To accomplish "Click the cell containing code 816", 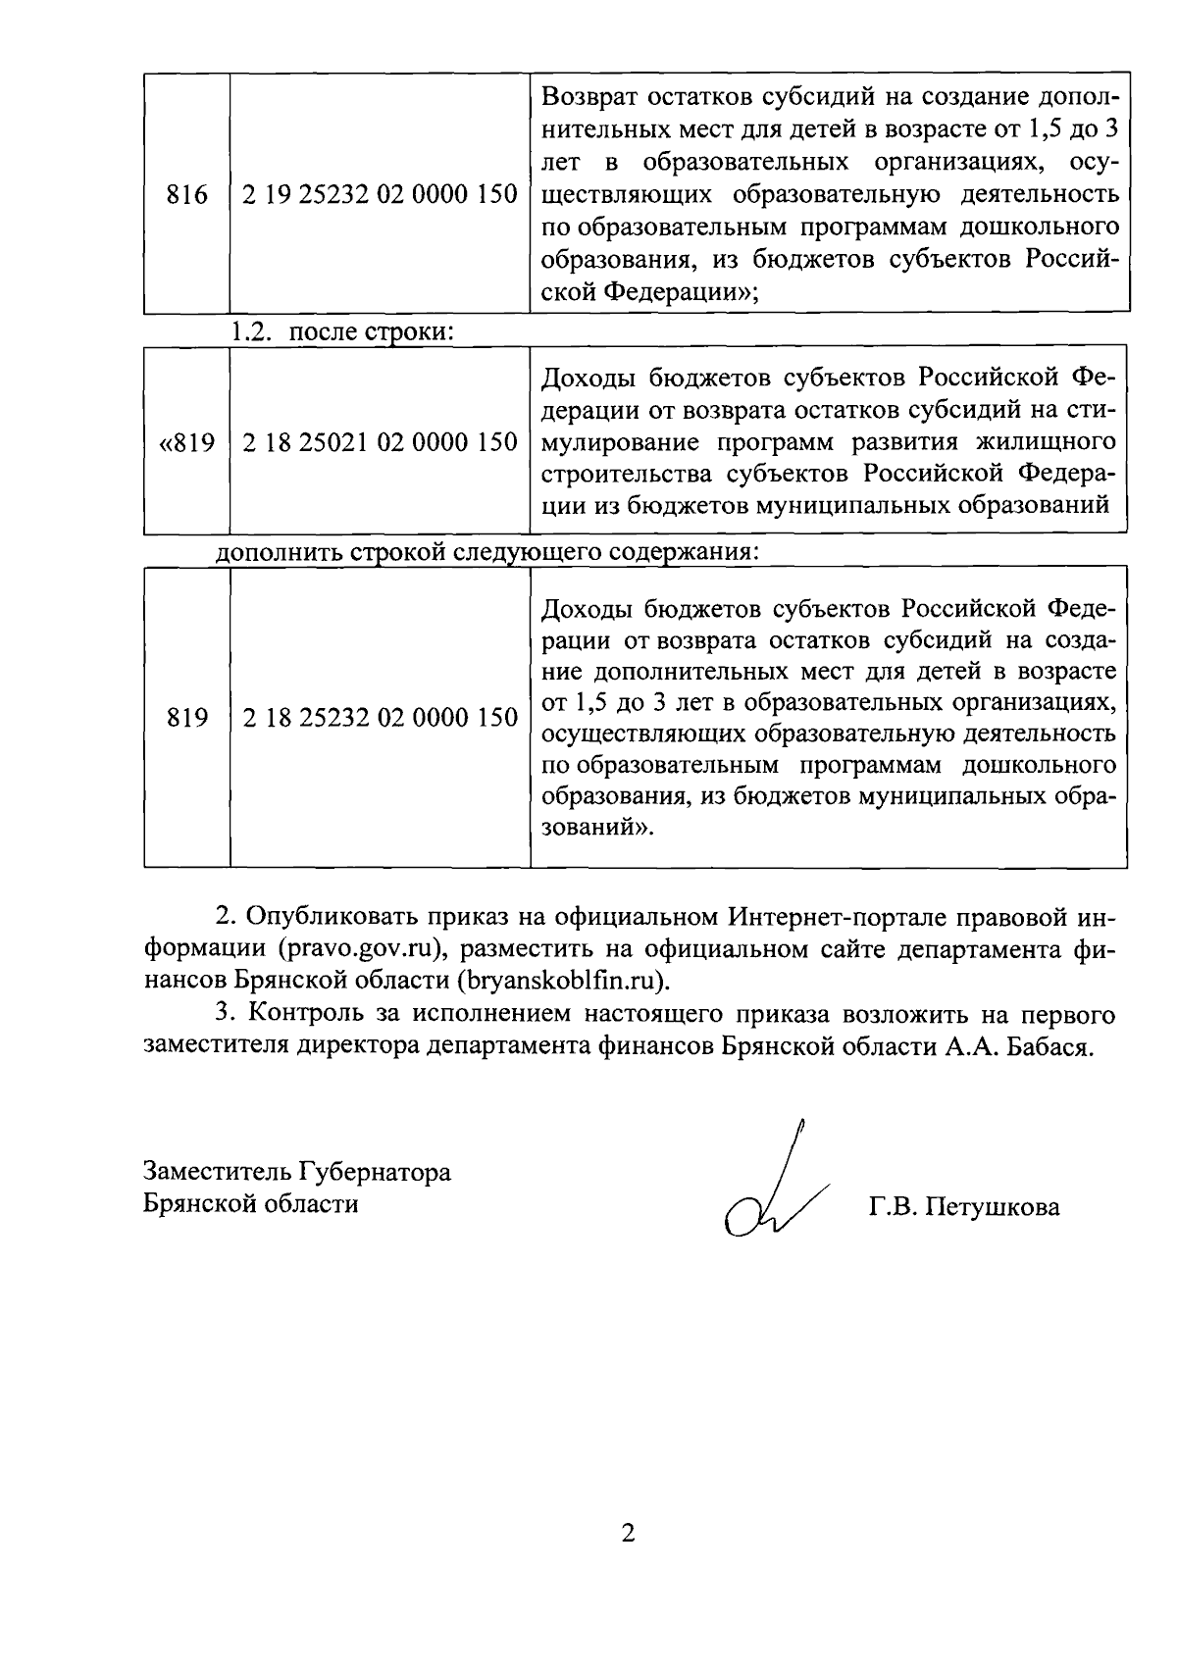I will pyautogui.click(x=186, y=194).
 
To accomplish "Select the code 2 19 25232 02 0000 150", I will pyautogui.click(x=380, y=194).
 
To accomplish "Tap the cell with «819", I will pyautogui.click(x=186, y=442).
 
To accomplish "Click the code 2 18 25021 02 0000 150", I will pyautogui.click(x=380, y=442).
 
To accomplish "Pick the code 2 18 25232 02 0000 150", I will pyautogui.click(x=380, y=718).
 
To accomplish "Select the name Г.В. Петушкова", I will pyautogui.click(x=964, y=1207).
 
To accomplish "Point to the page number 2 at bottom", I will pyautogui.click(x=628, y=1533).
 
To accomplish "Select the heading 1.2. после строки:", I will pyautogui.click(x=341, y=330).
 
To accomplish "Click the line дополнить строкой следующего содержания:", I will pyautogui.click(x=487, y=550).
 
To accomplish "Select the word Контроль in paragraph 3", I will pyautogui.click(x=309, y=1013).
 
